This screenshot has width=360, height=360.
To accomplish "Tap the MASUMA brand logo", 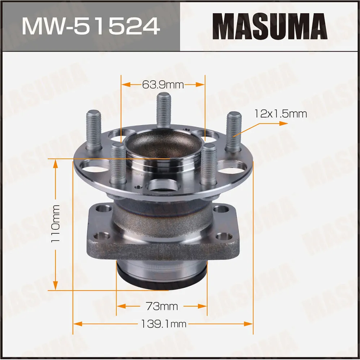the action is [x=270, y=26].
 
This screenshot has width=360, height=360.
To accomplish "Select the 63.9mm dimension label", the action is [x=163, y=85].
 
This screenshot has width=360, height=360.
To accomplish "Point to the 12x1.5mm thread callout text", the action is [x=281, y=114].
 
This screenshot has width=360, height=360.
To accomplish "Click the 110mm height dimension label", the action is [x=56, y=224].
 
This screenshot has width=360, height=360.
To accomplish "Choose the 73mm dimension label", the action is [x=162, y=306].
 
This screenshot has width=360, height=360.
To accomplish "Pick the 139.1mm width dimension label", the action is [x=164, y=324].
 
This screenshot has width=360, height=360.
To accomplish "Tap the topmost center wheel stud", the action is [x=164, y=110].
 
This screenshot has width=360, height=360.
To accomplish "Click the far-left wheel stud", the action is [x=94, y=130].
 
